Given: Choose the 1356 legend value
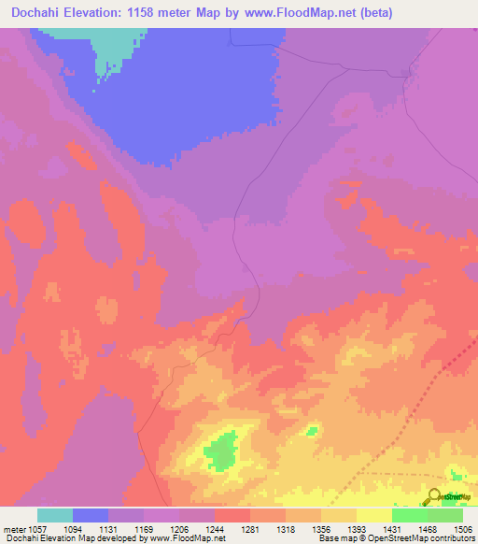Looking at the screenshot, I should (337, 529).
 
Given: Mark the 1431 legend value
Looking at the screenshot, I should (408, 529).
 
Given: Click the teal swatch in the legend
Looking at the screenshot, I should (55, 515).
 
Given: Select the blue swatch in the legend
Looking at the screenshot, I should (91, 515).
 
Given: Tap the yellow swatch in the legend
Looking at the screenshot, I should (374, 515).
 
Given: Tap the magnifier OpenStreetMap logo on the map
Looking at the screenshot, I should (435, 495).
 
